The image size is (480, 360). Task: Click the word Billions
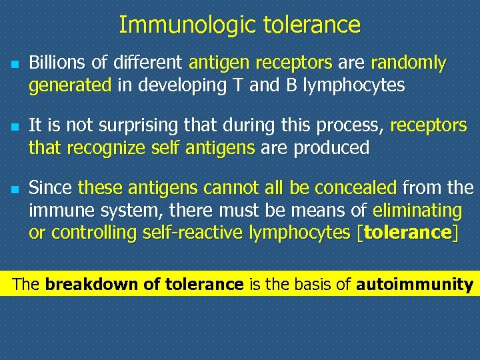click(55, 63)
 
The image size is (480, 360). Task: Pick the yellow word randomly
click(408, 63)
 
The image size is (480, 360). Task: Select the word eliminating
click(417, 211)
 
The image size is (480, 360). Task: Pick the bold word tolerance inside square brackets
click(408, 233)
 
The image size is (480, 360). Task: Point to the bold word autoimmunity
click(415, 285)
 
